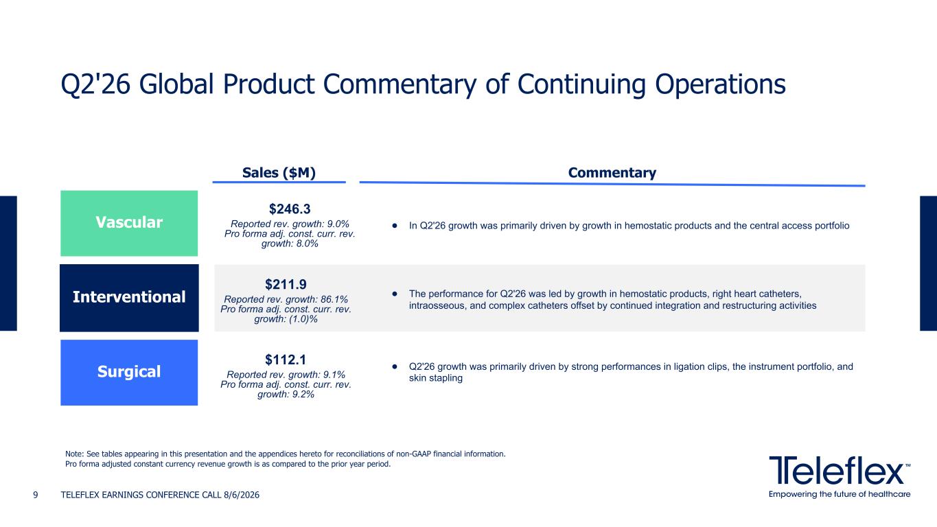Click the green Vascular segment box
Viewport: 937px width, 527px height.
point(129,223)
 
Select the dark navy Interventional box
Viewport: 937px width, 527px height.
point(129,298)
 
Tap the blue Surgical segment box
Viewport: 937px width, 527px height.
point(129,372)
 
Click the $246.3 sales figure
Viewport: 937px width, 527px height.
point(290,209)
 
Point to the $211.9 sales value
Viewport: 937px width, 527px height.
point(286,284)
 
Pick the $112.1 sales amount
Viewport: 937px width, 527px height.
point(286,360)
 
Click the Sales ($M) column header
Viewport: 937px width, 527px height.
point(279,173)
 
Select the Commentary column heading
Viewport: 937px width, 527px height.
point(612,173)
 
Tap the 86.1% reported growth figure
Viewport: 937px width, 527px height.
point(334,299)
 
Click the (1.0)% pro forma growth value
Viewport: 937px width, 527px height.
point(303,319)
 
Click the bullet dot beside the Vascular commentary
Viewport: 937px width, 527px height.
point(395,226)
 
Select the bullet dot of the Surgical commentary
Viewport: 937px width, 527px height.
point(395,366)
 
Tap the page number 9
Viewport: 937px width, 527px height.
point(36,495)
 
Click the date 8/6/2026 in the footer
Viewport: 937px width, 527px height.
point(242,495)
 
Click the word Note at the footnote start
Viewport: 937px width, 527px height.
point(74,454)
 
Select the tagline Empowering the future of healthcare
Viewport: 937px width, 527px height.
point(840,494)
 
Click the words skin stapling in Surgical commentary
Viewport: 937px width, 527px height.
point(435,378)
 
